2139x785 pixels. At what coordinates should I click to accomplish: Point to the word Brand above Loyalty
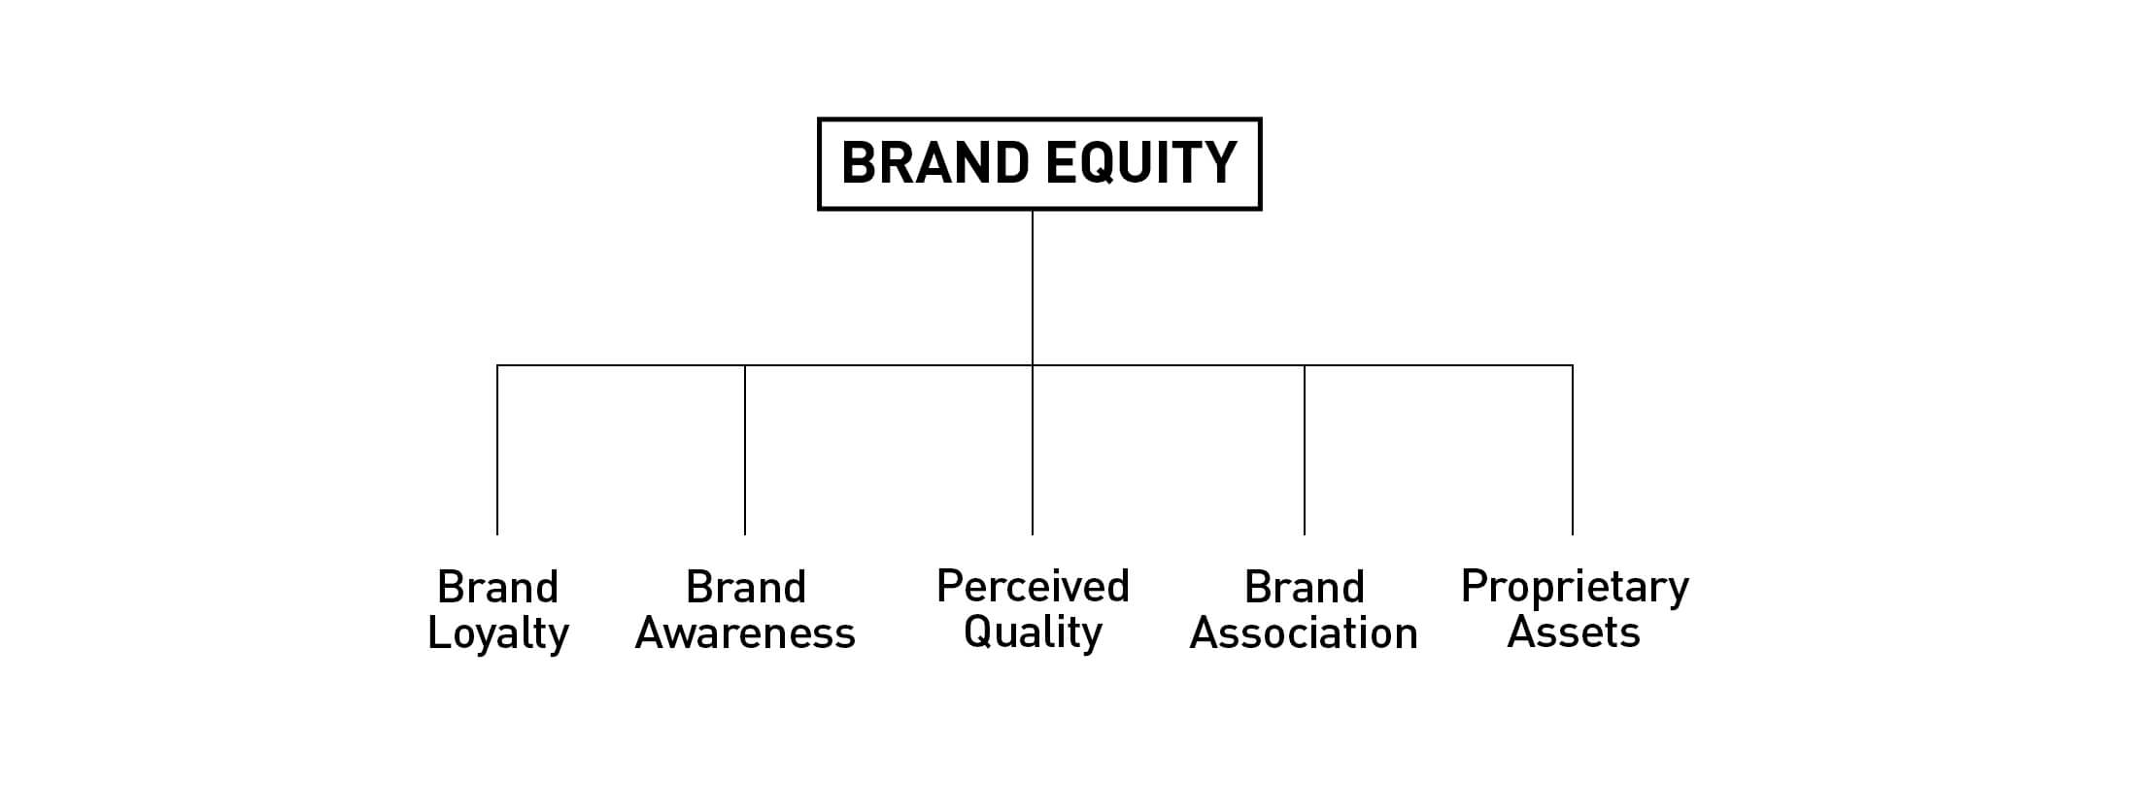(x=498, y=587)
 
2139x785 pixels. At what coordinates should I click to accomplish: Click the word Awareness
(x=745, y=633)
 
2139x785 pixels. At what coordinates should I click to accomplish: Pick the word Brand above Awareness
(x=746, y=587)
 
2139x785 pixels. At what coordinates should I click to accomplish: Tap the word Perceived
(x=1033, y=586)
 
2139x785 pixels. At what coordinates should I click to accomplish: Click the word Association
(x=1304, y=633)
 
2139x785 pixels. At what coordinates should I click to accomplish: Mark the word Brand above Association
(x=1305, y=587)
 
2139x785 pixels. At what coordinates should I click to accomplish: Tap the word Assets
(x=1574, y=633)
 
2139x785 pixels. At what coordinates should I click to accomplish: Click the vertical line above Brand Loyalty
(x=497, y=450)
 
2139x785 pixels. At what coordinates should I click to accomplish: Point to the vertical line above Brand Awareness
(x=745, y=450)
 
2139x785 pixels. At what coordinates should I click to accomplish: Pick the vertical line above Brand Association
(x=1305, y=450)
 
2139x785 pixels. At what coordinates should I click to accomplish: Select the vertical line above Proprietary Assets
(x=1573, y=450)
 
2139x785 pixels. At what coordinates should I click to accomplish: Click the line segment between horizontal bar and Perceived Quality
(x=1033, y=450)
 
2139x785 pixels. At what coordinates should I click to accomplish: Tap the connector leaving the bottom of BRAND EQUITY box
(x=1033, y=288)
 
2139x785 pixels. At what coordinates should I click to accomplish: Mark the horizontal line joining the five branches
(x=1035, y=365)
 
